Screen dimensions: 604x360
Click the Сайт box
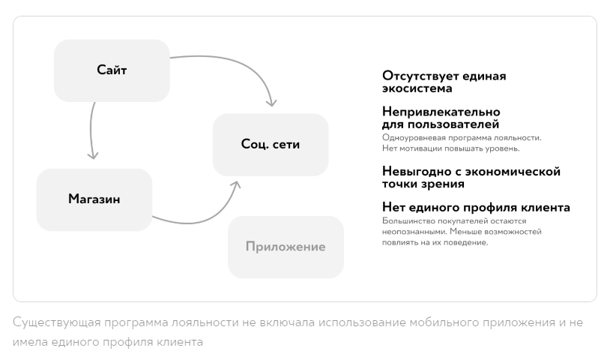coord(112,70)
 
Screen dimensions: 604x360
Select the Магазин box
coord(94,199)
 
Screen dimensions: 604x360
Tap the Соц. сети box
coord(271,145)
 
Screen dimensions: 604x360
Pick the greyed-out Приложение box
coord(286,247)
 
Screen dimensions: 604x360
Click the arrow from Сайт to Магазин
coord(91,131)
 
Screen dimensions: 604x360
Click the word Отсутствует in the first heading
coord(420,76)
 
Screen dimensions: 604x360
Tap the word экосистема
coord(417,88)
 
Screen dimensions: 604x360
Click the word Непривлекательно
coord(441,112)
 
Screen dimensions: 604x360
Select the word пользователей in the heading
coord(453,124)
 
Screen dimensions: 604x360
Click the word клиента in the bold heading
coord(546,207)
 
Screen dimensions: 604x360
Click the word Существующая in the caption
coord(57,322)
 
